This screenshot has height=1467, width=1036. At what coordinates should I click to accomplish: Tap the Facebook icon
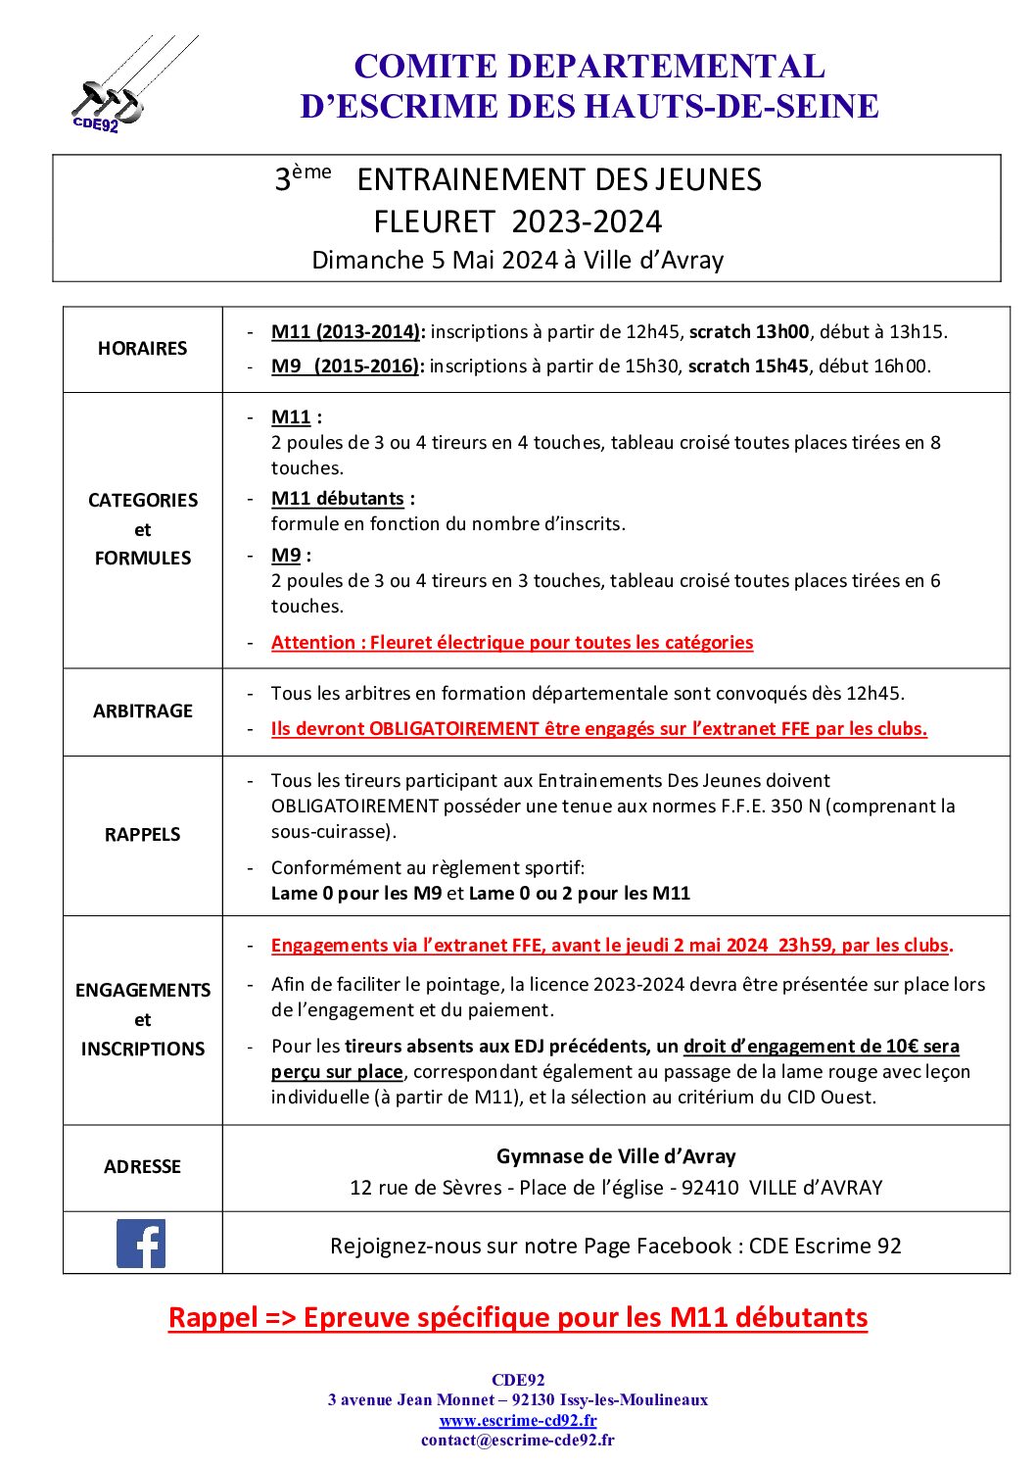pyautogui.click(x=141, y=1244)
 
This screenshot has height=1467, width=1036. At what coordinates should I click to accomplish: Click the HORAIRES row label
pyautogui.click(x=142, y=348)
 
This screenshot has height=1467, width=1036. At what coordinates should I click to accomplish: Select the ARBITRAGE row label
pyautogui.click(x=143, y=710)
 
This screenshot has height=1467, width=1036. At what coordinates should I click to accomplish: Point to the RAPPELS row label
pyautogui.click(x=143, y=834)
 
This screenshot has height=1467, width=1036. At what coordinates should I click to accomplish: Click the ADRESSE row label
pyautogui.click(x=143, y=1166)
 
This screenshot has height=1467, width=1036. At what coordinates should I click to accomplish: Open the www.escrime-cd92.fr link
pyautogui.click(x=518, y=1420)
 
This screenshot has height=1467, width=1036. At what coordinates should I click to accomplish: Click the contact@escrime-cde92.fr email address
pyautogui.click(x=518, y=1440)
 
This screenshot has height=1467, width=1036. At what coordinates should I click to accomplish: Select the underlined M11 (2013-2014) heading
pyautogui.click(x=347, y=331)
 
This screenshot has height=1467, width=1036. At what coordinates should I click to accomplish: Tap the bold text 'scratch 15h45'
pyautogui.click(x=748, y=366)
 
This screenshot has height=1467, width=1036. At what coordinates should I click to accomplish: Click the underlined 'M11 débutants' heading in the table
pyautogui.click(x=338, y=498)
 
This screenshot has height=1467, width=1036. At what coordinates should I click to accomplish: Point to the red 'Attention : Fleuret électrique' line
pyautogui.click(x=512, y=642)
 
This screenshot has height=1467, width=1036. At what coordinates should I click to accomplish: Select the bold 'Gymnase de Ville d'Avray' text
pyautogui.click(x=616, y=1156)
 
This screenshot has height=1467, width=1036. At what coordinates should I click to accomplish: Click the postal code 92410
pyautogui.click(x=710, y=1188)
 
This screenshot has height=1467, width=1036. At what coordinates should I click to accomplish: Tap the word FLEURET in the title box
pyautogui.click(x=434, y=221)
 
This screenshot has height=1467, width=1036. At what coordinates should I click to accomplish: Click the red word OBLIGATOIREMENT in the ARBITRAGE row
pyautogui.click(x=454, y=728)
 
